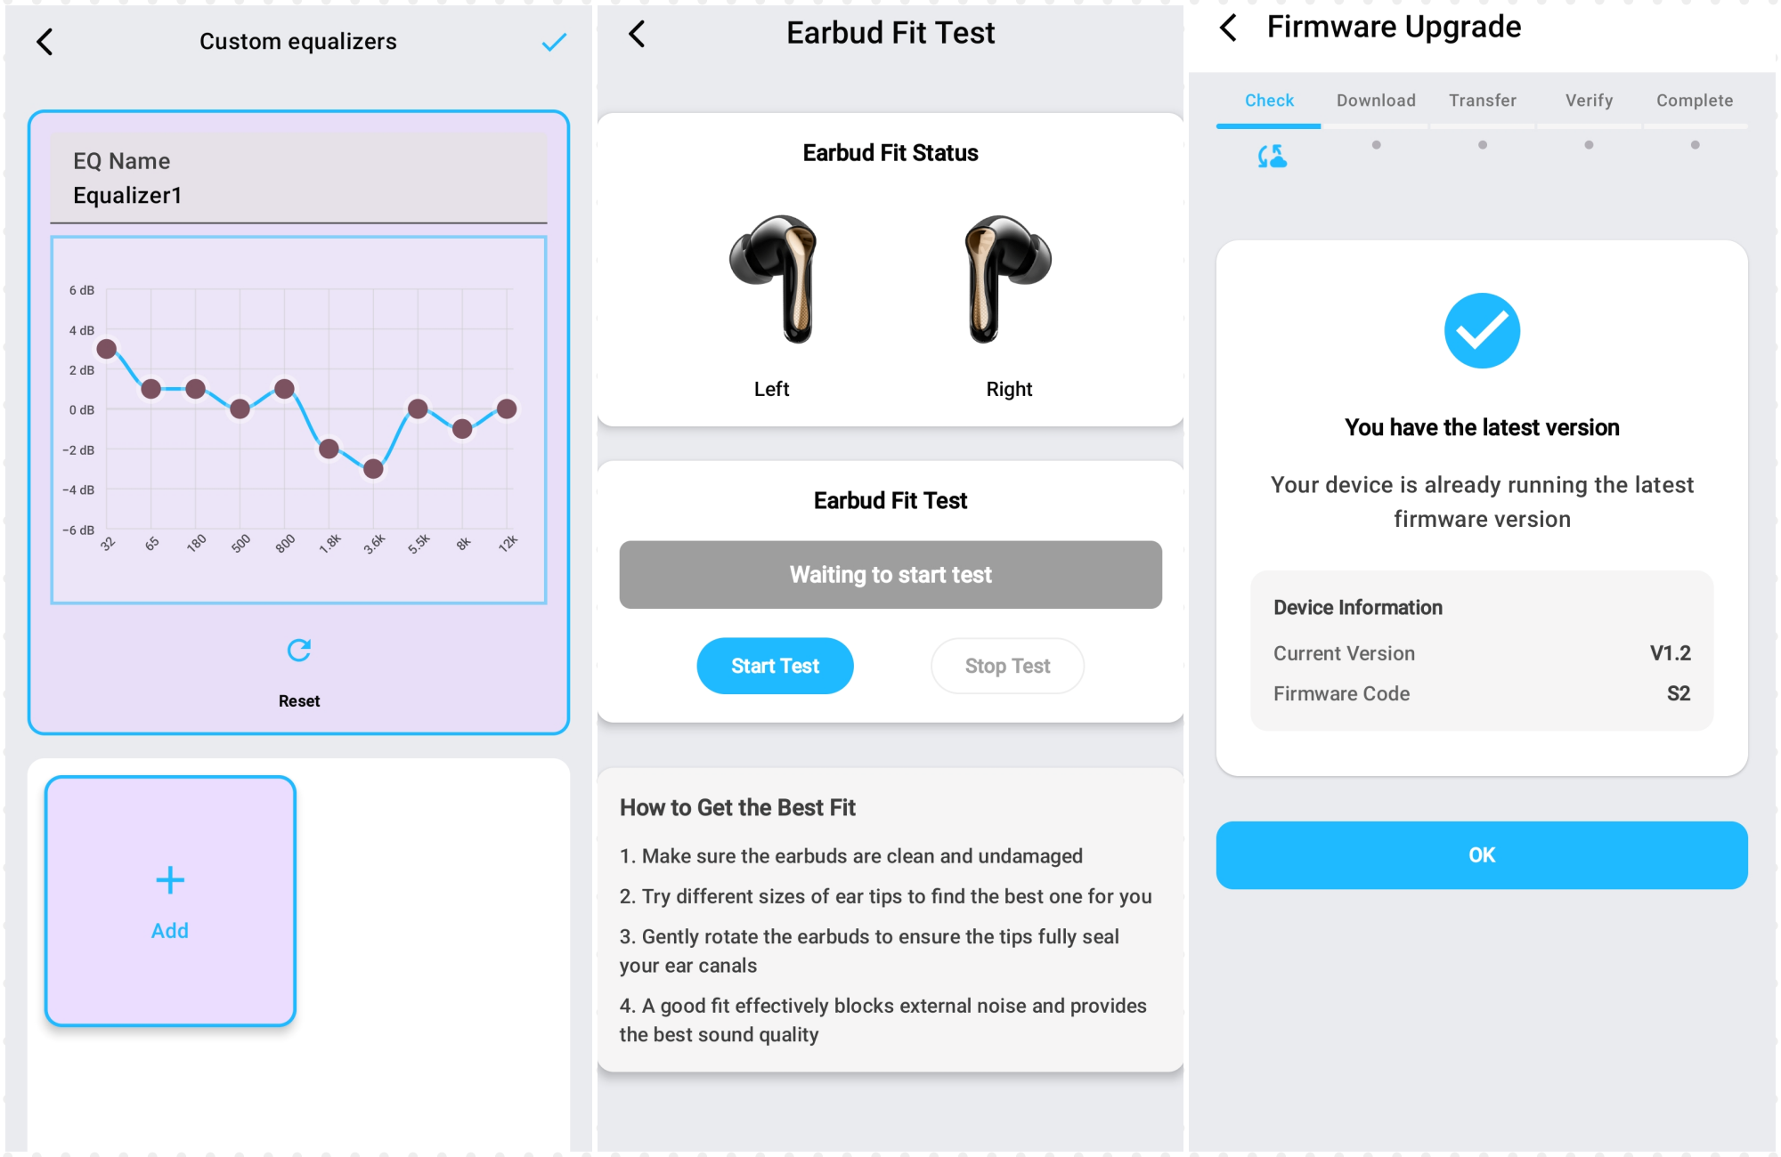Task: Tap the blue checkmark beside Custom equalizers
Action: click(x=554, y=42)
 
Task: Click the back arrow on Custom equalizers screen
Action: click(x=45, y=41)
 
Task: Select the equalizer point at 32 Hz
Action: click(x=107, y=349)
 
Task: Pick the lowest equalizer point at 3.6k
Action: click(x=373, y=469)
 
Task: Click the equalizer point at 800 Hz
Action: click(x=284, y=389)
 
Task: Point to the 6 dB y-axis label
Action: click(x=81, y=290)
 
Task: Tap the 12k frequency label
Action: click(x=508, y=543)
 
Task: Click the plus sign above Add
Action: click(x=170, y=880)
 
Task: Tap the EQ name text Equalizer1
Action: click(x=127, y=196)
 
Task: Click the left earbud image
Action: click(x=774, y=279)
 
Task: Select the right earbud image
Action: click(x=1008, y=279)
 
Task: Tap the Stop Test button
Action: click(x=1007, y=666)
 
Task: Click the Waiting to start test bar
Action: click(x=890, y=575)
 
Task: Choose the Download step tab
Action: click(x=1376, y=101)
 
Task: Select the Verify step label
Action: click(x=1589, y=101)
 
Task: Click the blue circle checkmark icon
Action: click(x=1482, y=331)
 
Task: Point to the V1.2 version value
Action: click(x=1670, y=653)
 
